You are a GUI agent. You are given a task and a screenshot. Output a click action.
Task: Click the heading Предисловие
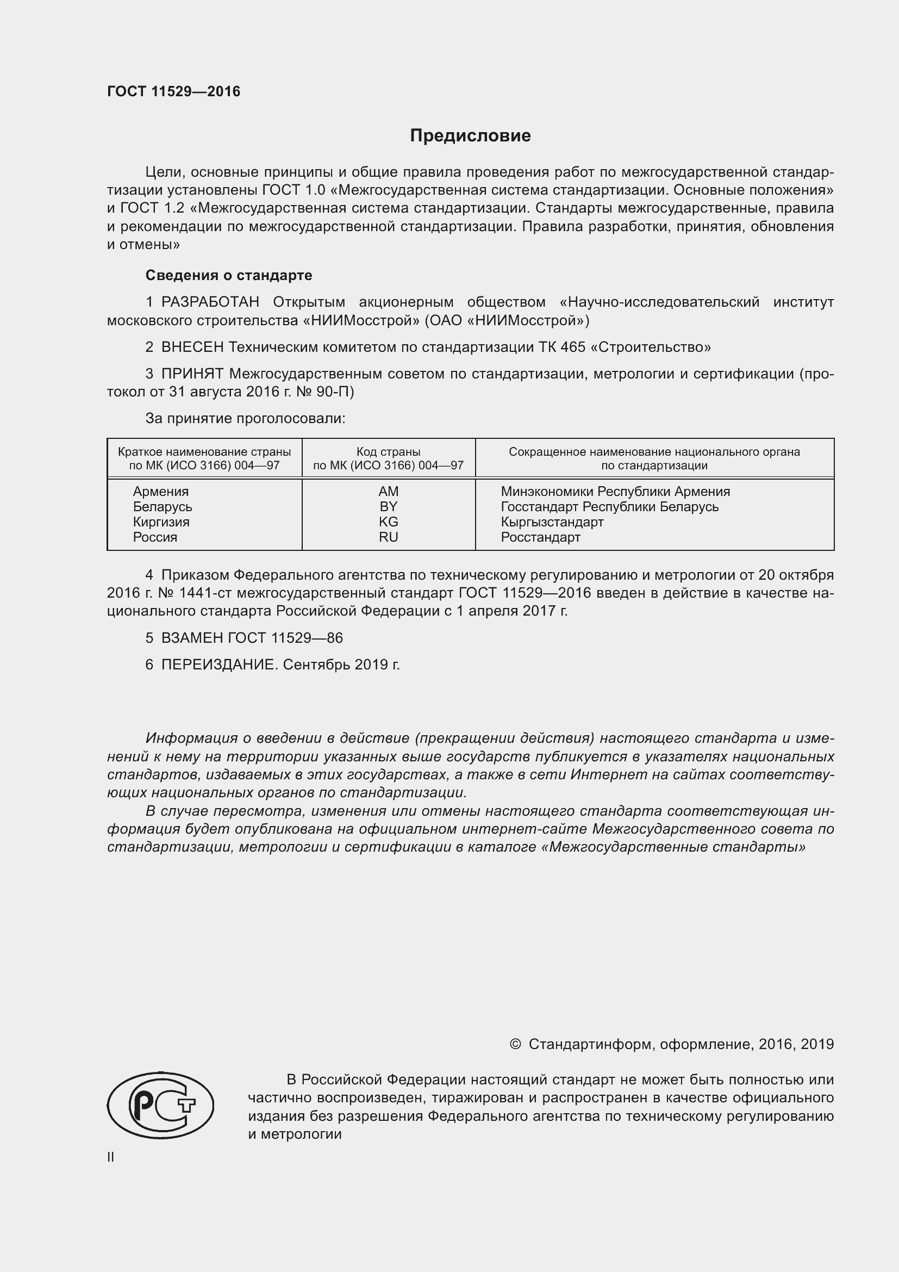[x=470, y=136]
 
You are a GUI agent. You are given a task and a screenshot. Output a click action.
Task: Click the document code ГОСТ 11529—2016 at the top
[x=174, y=92]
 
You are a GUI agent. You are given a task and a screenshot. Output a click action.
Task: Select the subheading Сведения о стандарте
[x=229, y=275]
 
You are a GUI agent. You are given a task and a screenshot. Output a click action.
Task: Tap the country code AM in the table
[x=388, y=492]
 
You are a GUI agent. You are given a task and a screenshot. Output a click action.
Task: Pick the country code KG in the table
[x=388, y=522]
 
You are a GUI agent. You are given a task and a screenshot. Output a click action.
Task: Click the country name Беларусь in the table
[x=162, y=507]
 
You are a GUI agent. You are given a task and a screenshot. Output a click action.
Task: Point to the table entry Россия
[x=155, y=537]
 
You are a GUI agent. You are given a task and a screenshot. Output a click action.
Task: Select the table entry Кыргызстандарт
[x=552, y=522]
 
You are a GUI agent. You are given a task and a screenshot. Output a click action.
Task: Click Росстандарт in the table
[x=540, y=537]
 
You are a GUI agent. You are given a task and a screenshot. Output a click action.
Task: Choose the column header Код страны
[x=388, y=452]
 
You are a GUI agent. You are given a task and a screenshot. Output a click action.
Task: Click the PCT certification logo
[x=160, y=1104]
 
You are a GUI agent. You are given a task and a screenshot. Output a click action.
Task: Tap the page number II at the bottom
[x=111, y=1157]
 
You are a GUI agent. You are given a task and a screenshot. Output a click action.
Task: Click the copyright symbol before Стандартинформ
[x=515, y=1044]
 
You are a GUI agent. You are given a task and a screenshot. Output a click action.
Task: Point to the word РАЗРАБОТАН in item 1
[x=210, y=302]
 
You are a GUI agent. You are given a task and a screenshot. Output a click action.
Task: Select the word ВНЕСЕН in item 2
[x=192, y=348]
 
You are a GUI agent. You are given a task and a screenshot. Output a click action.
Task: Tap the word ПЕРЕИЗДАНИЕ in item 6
[x=218, y=665]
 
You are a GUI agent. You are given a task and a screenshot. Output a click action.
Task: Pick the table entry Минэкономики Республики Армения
[x=615, y=492]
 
